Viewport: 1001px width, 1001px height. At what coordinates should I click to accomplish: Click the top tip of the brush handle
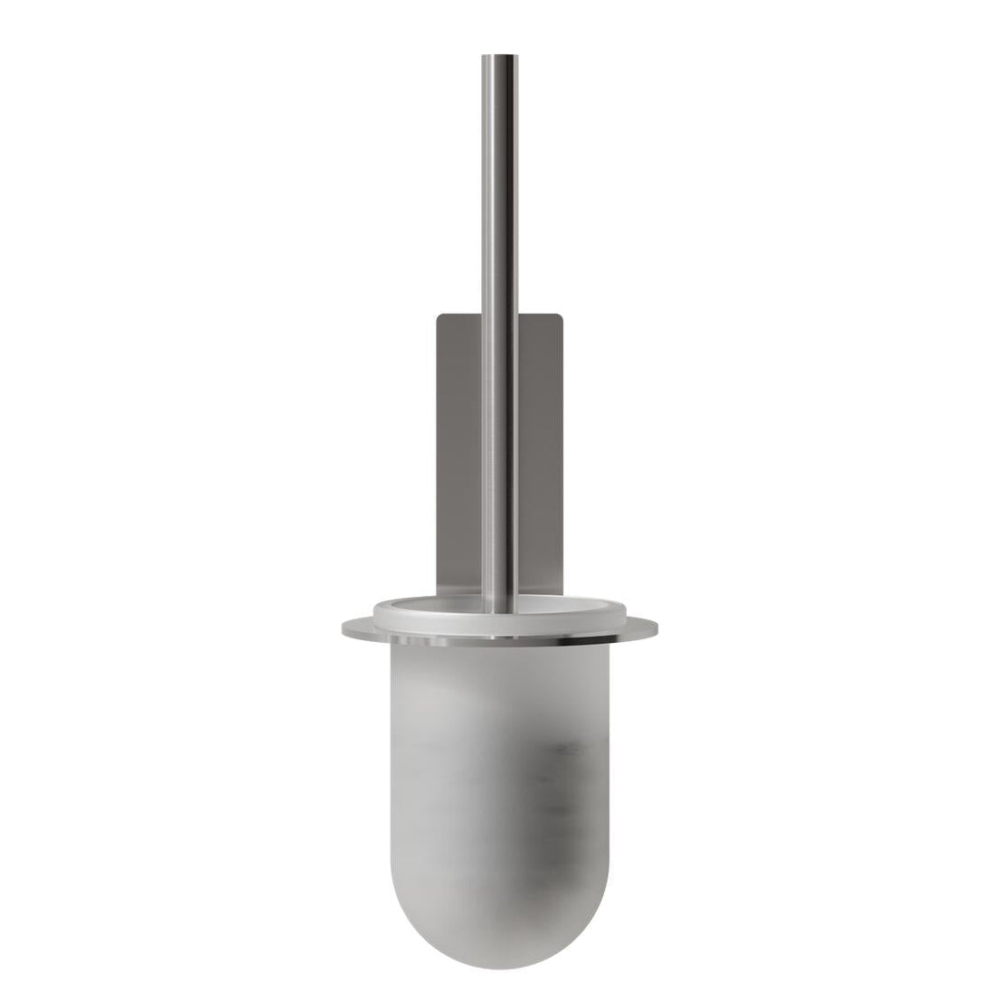500,57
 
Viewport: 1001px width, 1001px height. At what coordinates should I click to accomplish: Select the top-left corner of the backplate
439,316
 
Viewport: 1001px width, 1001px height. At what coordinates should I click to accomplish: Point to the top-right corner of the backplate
562,316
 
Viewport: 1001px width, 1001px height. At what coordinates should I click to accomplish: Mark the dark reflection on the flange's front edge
561,639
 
